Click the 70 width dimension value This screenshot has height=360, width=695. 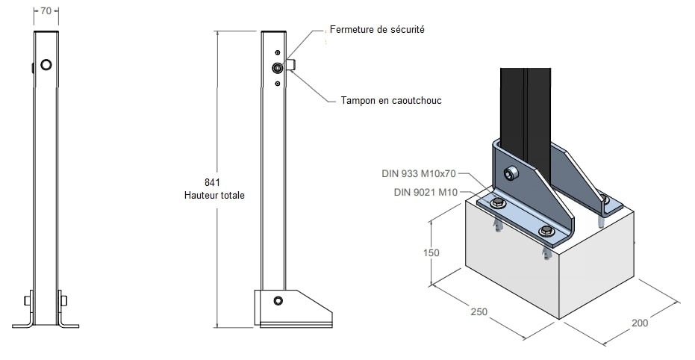pyautogui.click(x=46, y=12)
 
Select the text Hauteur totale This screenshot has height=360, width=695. pyautogui.click(x=214, y=195)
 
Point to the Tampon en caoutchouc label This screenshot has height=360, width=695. pyautogui.click(x=390, y=99)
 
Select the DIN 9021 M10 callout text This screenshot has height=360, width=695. pyautogui.click(x=424, y=192)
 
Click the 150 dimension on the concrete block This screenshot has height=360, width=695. pyautogui.click(x=431, y=252)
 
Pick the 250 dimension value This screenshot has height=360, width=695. pyautogui.click(x=479, y=310)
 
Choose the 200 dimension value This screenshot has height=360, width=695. pyautogui.click(x=639, y=323)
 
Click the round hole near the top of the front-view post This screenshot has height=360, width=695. pyautogui.click(x=46, y=65)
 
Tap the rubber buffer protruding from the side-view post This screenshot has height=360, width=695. pyautogui.click(x=292, y=66)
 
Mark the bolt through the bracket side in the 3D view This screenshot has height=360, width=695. pyautogui.click(x=511, y=173)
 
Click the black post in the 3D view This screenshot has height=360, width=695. pyautogui.click(x=526, y=105)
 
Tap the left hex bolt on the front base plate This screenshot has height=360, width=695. pyautogui.click(x=496, y=204)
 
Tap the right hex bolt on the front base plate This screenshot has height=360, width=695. pyautogui.click(x=546, y=230)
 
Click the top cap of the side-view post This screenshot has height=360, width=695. pyautogui.click(x=273, y=32)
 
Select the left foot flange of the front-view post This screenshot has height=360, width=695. pyautogui.click(x=23, y=325)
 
